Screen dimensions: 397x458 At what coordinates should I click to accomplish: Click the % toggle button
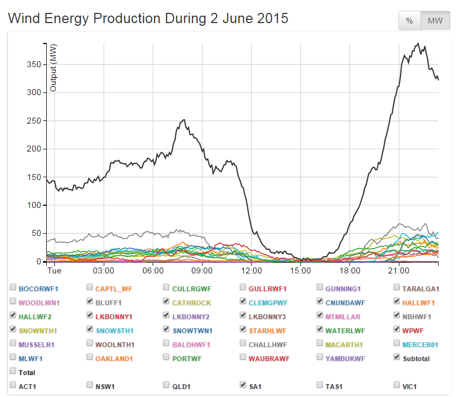409,21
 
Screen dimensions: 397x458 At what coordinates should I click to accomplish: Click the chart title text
148,18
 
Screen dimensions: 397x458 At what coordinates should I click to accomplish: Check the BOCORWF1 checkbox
13,288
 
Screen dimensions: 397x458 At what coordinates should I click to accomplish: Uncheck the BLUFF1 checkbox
90,302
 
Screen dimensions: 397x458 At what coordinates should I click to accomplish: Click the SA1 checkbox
244,385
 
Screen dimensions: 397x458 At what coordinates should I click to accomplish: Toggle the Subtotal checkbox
397,358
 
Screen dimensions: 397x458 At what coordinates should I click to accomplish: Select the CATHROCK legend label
191,302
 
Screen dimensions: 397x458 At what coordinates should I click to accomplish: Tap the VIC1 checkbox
397,385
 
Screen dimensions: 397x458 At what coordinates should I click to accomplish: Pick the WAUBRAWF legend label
269,358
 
